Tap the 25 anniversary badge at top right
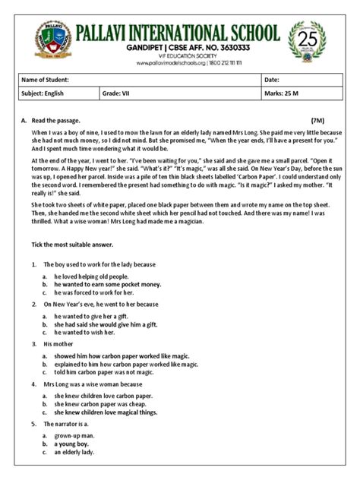309,41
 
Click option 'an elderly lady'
79,452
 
